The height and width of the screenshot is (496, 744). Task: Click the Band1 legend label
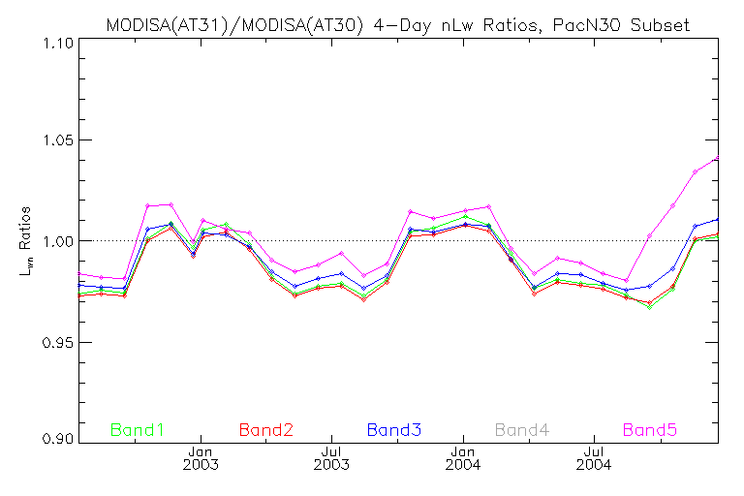click(138, 429)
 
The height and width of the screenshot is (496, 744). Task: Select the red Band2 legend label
click(265, 429)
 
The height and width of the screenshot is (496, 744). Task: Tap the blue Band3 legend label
click(393, 429)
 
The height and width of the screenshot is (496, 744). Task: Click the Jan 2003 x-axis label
click(201, 457)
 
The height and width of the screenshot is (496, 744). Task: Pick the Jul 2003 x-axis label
click(331, 457)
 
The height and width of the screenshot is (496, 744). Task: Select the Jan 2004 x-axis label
click(463, 457)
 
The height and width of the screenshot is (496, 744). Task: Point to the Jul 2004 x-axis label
click(594, 457)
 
